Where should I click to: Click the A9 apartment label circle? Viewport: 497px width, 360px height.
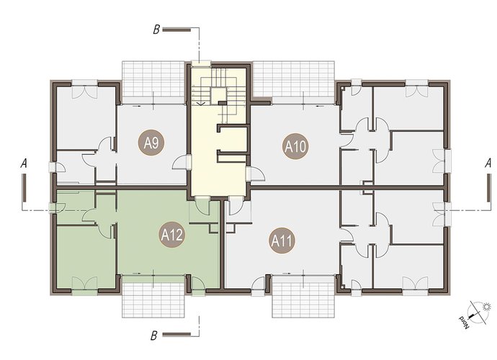151,144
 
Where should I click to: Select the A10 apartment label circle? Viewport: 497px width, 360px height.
295,146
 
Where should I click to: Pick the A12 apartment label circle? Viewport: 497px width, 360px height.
171,235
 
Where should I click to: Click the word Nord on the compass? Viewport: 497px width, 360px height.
464,323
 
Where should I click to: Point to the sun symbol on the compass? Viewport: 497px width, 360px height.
486,307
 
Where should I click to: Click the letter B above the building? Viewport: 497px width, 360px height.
156,30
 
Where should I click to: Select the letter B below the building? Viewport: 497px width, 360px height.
154,336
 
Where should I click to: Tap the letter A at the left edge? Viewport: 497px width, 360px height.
24,164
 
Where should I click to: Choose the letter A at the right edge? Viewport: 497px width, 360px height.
488,163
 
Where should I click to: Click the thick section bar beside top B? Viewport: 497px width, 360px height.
176,30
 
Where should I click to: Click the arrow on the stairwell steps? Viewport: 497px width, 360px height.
201,103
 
